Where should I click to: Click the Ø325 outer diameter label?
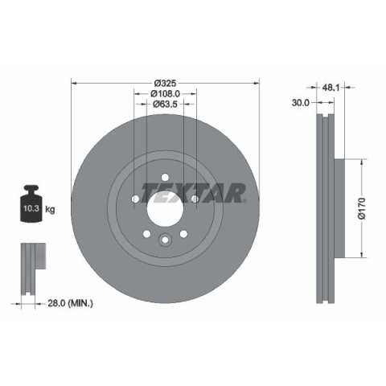[x=165, y=84]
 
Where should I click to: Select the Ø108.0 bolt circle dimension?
[x=165, y=94]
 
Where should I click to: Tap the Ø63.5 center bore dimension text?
[x=165, y=104]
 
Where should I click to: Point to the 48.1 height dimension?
[x=331, y=88]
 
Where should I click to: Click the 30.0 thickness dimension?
[x=301, y=103]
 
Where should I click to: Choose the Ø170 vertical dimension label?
[x=362, y=208]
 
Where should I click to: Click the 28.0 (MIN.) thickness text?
[x=71, y=303]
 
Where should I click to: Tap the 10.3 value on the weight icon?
[x=31, y=208]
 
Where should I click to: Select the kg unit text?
[x=50, y=209]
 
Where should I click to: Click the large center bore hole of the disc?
[x=165, y=209]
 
